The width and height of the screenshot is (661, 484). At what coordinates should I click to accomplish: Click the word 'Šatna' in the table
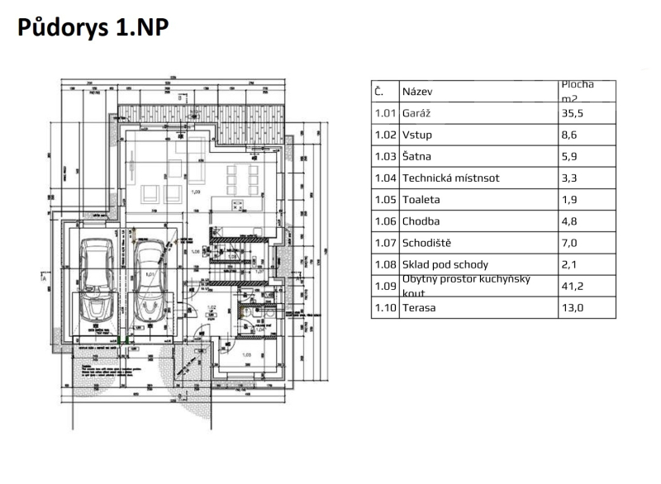point(416,156)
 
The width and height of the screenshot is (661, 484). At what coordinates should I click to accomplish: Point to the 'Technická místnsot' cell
point(450,178)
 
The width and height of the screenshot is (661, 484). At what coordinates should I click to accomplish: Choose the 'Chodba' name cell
point(421,221)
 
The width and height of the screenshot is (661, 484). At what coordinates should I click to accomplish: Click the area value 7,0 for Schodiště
point(569,243)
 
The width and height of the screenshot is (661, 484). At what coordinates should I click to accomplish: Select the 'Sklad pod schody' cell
point(445,264)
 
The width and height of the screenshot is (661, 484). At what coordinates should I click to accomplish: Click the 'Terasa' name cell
point(419,308)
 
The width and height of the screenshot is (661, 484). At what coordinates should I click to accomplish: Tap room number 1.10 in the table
point(384,308)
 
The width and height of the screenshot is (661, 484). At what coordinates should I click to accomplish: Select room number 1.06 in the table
point(384,221)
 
